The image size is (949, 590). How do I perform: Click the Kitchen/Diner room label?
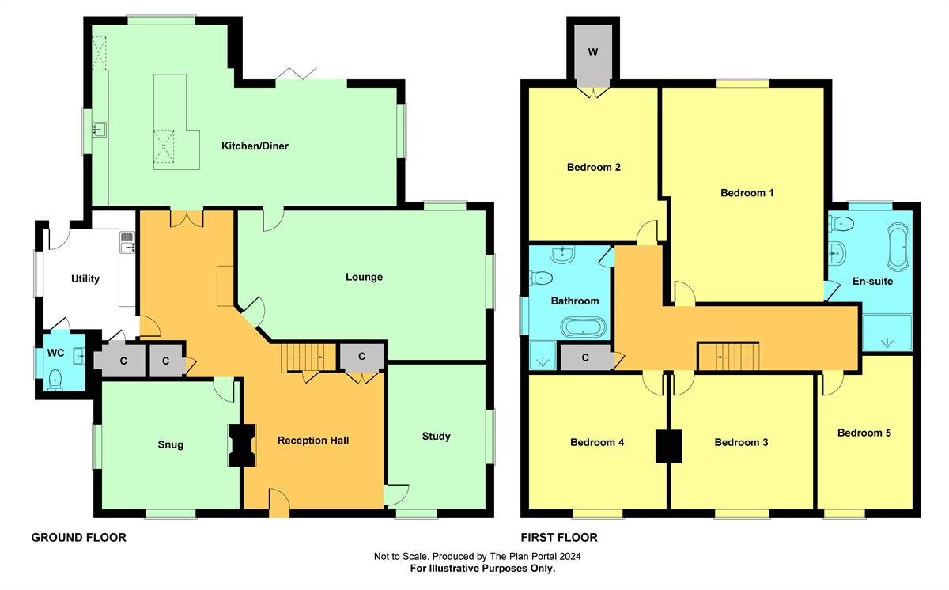(x=255, y=146)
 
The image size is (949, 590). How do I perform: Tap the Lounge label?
(x=364, y=277)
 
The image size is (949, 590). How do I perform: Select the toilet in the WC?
(x=55, y=380)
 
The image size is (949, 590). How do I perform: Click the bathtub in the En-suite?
(x=898, y=247)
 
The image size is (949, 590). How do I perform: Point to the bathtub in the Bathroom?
(x=584, y=327)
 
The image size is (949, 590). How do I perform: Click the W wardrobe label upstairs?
(x=592, y=52)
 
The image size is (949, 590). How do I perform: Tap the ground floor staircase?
(x=308, y=357)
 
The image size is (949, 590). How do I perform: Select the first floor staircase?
(x=728, y=356)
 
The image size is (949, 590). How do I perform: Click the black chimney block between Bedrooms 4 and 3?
(x=668, y=446)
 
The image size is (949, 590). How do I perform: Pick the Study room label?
(x=436, y=437)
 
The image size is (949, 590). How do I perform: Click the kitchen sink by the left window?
(x=100, y=130)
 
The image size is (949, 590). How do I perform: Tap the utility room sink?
(x=127, y=242)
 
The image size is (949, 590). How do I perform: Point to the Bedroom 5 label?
(x=864, y=433)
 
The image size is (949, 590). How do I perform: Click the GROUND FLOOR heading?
(x=79, y=538)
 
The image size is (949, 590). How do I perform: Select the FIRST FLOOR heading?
(x=559, y=538)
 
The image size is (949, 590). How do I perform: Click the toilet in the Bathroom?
(x=541, y=278)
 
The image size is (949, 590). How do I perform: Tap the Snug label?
(x=170, y=444)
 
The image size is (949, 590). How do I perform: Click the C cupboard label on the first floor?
(x=585, y=358)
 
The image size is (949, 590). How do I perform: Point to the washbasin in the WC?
(x=79, y=356)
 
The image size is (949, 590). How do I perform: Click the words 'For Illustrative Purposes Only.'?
(x=482, y=569)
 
